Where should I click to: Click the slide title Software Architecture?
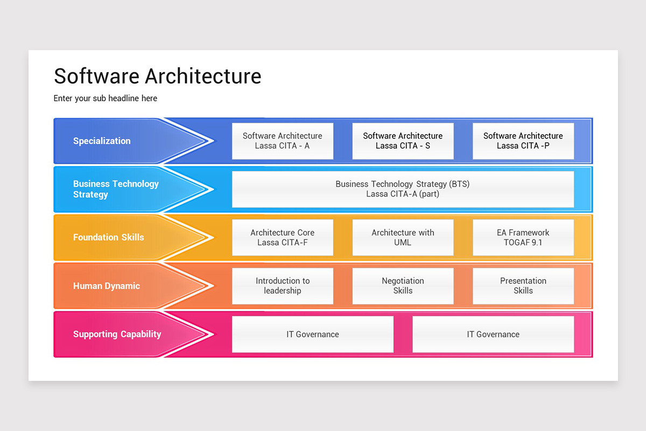click(x=157, y=76)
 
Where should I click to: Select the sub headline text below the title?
click(x=105, y=99)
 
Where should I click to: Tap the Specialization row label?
click(x=102, y=141)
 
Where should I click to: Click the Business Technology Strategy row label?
click(x=116, y=189)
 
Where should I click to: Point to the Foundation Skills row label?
click(x=108, y=237)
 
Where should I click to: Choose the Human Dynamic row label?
click(x=106, y=286)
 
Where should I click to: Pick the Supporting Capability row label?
click(x=117, y=334)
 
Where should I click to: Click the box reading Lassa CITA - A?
click(x=282, y=141)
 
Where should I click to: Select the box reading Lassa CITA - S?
click(x=403, y=141)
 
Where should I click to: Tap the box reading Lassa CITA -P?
click(x=523, y=141)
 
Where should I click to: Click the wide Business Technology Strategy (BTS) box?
click(x=403, y=189)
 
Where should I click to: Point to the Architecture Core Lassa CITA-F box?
click(x=282, y=238)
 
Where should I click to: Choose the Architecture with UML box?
click(x=403, y=238)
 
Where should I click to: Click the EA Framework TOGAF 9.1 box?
click(x=523, y=238)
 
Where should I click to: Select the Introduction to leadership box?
click(x=282, y=286)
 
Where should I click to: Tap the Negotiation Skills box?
click(x=403, y=286)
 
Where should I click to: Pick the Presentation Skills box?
click(x=523, y=286)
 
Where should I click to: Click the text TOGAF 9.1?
click(x=523, y=242)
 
